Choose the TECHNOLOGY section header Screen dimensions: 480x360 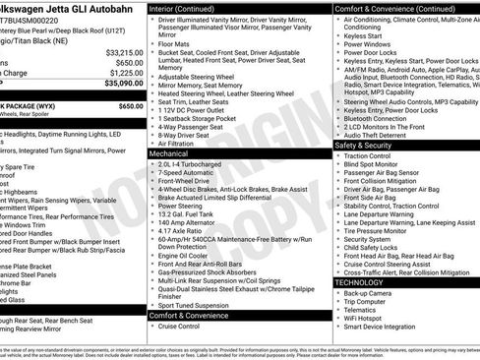[x=359, y=282]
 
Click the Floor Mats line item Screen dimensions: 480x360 [x=173, y=43]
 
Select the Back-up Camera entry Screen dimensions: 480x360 [x=370, y=292]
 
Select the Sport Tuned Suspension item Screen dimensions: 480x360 [x=194, y=305]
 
